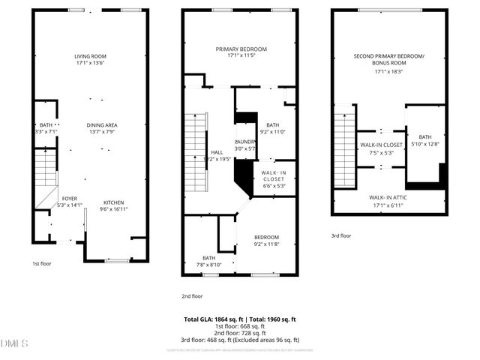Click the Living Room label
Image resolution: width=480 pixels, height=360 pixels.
[x=90, y=61]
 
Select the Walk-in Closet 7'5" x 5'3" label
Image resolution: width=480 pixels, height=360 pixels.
[x=382, y=148]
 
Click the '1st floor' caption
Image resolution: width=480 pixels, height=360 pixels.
[x=42, y=264]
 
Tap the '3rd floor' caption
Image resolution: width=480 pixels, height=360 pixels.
[x=341, y=235]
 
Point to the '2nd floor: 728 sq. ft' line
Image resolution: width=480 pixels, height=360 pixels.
[x=240, y=333]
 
